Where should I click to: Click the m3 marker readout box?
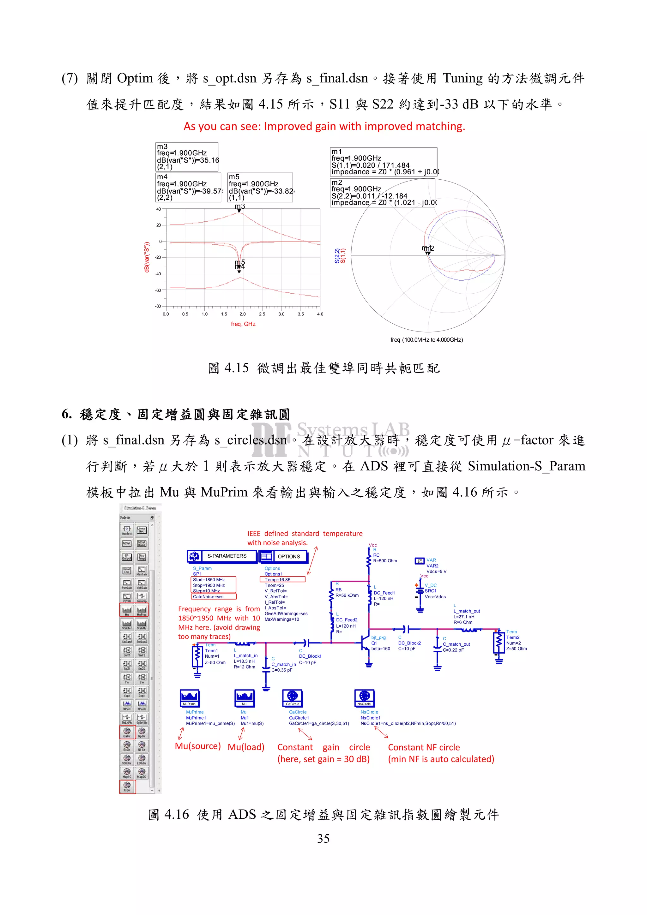point(187,157)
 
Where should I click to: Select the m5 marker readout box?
point(260,187)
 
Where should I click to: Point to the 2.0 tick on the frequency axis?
point(242,314)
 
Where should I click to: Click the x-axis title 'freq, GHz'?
point(243,324)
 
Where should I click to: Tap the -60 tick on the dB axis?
point(158,290)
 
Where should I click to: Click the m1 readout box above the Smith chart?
point(384,162)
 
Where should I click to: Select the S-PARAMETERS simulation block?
point(222,556)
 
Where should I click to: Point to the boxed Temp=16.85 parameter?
point(282,579)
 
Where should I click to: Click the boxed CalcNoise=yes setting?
point(214,597)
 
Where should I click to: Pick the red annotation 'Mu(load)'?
point(246,747)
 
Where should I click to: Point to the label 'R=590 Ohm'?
point(385,561)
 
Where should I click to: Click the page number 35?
point(323,839)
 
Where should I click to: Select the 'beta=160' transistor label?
point(380,649)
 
